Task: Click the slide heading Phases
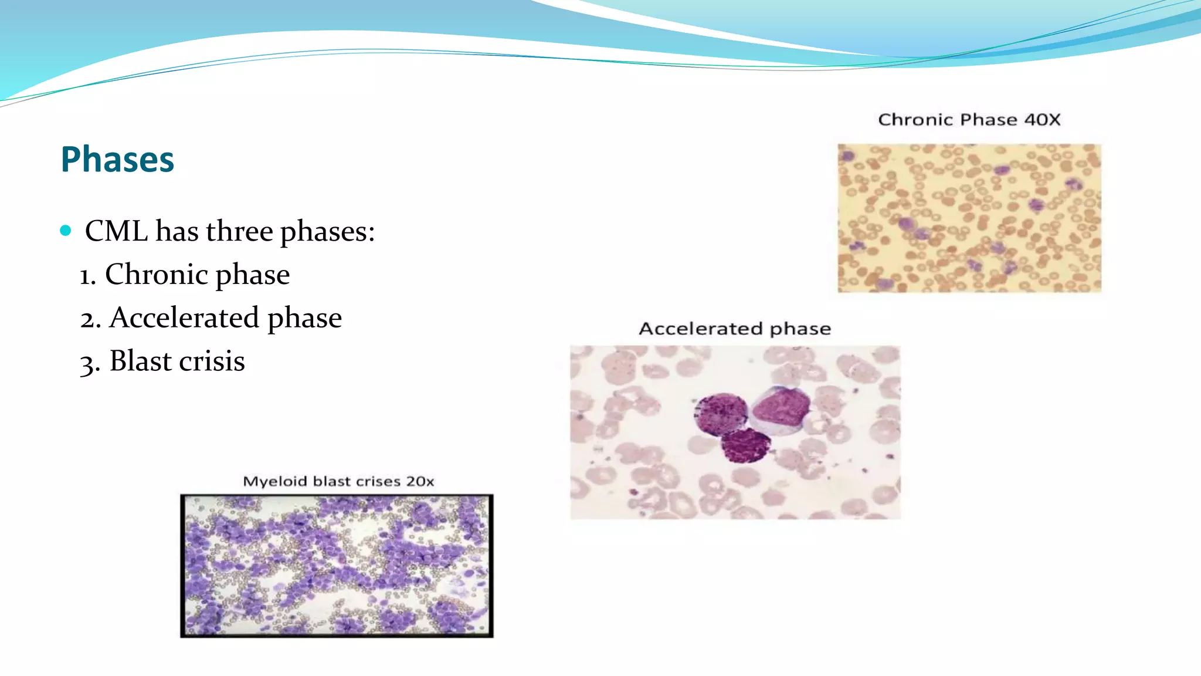click(x=117, y=160)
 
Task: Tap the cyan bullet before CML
click(x=66, y=230)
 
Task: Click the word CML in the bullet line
click(x=116, y=231)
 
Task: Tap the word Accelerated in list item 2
click(x=184, y=317)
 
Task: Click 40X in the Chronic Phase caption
click(x=1042, y=120)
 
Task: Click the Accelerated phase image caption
click(x=735, y=329)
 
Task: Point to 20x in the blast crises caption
click(x=420, y=482)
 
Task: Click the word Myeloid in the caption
click(x=275, y=482)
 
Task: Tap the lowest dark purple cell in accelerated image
click(x=745, y=446)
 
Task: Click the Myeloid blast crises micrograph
click(x=337, y=566)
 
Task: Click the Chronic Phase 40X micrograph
click(x=969, y=218)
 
